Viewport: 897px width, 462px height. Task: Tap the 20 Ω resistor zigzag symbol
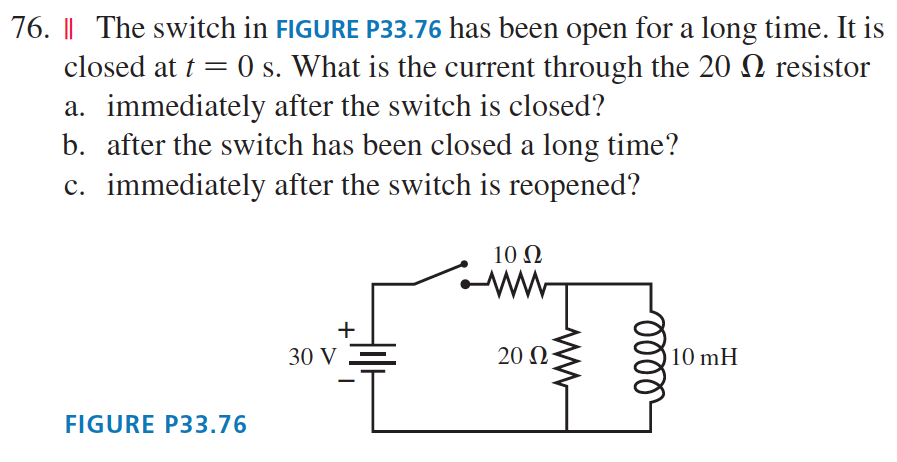(568, 357)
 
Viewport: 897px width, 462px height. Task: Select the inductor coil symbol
(654, 355)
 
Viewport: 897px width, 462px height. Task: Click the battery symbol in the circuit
(374, 356)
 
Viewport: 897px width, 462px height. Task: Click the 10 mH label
(705, 356)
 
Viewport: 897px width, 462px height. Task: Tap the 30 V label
(312, 356)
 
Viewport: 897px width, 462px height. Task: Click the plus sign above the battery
(346, 328)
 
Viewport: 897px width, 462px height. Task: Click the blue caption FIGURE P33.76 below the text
(155, 424)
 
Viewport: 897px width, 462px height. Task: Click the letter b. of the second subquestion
(73, 146)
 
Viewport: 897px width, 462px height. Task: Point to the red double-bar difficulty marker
(70, 29)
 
